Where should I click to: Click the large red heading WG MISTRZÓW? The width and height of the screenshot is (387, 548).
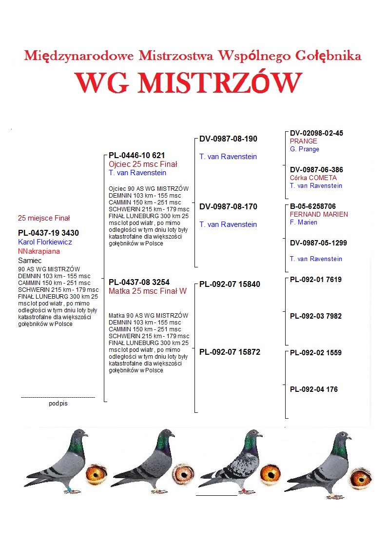tap(188, 83)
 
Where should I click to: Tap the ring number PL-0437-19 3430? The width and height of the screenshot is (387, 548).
tap(48, 233)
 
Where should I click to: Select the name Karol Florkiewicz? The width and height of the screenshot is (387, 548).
tap(45, 242)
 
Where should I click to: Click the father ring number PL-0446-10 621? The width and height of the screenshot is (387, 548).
tap(136, 156)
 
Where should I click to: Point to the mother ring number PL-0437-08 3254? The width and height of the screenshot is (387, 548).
tap(139, 282)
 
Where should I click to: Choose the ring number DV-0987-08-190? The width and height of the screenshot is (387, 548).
tap(228, 139)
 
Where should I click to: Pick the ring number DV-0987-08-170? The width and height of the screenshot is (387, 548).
tap(228, 207)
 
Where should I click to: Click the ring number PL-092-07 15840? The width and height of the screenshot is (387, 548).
tap(230, 284)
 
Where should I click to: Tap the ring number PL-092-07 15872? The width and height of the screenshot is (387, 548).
tap(230, 352)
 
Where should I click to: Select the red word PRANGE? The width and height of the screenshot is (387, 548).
tap(303, 142)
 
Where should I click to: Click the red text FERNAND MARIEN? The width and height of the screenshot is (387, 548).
tap(319, 214)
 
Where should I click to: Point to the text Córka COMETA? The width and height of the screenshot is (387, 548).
tap(313, 178)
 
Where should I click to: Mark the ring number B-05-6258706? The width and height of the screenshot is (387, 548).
tap(312, 206)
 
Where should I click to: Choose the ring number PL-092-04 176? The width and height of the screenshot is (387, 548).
tap(313, 389)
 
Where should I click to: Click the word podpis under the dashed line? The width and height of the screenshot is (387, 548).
tap(58, 404)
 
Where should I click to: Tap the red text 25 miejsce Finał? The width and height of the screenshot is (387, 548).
tap(44, 218)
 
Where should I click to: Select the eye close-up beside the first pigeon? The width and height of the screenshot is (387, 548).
tap(96, 473)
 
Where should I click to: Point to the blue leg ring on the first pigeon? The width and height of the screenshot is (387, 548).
tap(65, 489)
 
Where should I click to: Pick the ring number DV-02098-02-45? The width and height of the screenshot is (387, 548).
tap(316, 133)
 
